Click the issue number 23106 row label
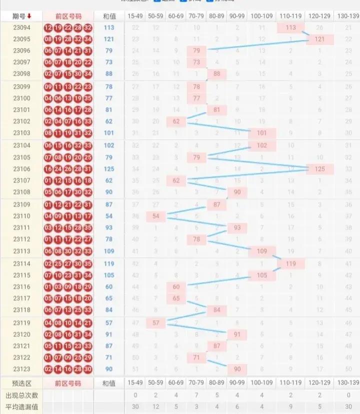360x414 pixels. (21, 169)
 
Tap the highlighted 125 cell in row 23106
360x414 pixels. (319, 169)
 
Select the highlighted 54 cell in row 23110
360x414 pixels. (156, 216)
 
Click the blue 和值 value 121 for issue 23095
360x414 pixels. (109, 39)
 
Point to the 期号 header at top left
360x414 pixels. (21, 16)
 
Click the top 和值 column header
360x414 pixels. (108, 16)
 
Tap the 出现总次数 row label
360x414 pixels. (21, 395)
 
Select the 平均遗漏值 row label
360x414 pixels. (21, 407)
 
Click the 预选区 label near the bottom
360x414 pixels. (21, 383)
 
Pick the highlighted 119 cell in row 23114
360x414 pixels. (290, 263)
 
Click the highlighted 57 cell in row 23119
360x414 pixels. (156, 323)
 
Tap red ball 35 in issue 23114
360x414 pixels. (88, 263)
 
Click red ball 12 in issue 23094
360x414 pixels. (48, 28)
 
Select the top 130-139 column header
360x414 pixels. (348, 16)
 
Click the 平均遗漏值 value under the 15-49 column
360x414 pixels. (135, 407)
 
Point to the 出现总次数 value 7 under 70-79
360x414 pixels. (196, 395)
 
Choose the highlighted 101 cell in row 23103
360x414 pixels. (262, 133)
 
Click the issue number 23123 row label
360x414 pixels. (21, 369)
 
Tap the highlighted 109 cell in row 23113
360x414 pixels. (262, 251)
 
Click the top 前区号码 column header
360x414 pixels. (68, 16)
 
